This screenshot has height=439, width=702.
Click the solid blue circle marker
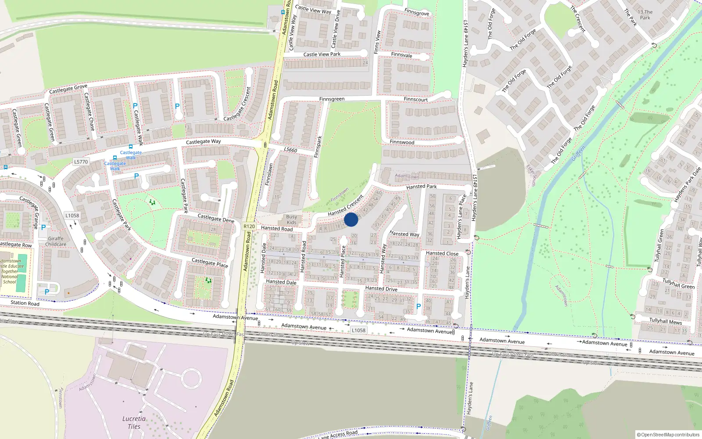(x=351, y=219)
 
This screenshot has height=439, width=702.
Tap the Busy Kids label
(x=291, y=219)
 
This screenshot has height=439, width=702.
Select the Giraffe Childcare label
(x=56, y=241)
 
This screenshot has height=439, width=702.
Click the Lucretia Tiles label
(x=134, y=422)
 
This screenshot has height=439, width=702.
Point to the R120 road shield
(x=249, y=227)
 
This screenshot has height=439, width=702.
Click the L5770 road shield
(x=81, y=162)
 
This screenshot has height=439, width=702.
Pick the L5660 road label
(x=290, y=150)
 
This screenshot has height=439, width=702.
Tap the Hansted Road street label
(x=276, y=228)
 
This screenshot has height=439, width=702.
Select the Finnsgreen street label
(x=332, y=99)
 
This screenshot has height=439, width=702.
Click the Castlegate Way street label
(x=203, y=142)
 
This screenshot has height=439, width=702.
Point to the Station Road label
(x=25, y=303)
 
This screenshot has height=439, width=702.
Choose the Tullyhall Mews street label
(x=666, y=321)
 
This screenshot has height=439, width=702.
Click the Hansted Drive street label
(x=381, y=288)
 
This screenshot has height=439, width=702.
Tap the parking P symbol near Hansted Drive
(x=418, y=306)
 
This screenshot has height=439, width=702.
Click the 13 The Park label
(x=645, y=15)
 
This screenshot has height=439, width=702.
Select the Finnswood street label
(x=402, y=142)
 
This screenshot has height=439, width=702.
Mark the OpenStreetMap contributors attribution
(x=668, y=435)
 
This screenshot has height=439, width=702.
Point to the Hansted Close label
(x=442, y=253)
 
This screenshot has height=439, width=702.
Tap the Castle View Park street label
(x=322, y=54)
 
